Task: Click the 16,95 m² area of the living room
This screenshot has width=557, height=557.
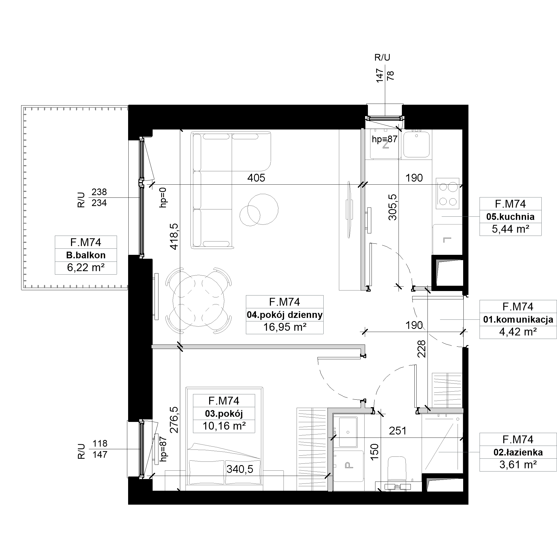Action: (285, 327)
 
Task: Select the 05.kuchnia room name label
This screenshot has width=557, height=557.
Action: (510, 216)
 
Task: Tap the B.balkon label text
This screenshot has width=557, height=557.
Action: (86, 255)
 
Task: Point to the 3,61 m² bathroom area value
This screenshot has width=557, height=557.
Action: (518, 465)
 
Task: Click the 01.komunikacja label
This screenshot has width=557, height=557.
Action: (518, 319)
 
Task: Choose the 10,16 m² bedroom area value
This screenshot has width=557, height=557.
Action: (224, 426)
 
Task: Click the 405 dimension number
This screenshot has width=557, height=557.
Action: (256, 178)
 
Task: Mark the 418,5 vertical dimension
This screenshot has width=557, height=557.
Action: (174, 236)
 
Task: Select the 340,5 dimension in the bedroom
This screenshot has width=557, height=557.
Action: (240, 469)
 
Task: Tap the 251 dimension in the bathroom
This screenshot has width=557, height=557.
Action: (398, 431)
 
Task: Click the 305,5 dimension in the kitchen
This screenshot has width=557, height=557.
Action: (393, 207)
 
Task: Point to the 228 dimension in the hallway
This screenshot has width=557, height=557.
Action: (421, 349)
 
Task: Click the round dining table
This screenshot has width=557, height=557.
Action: (198, 301)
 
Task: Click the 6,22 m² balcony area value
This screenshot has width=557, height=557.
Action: (86, 268)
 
